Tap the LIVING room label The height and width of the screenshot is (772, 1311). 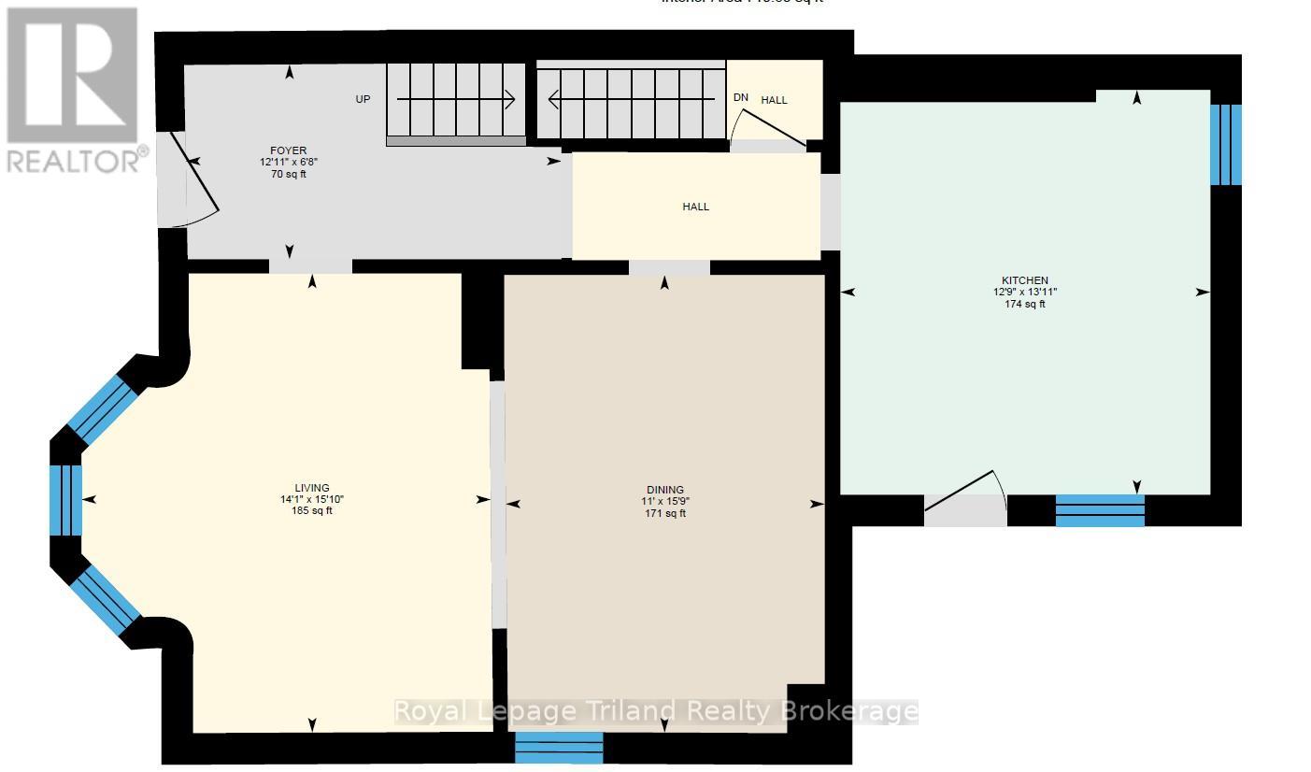312,488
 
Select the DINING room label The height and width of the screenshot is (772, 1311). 664,490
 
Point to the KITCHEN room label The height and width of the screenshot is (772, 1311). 1024,280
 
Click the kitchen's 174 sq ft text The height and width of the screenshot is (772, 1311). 1024,304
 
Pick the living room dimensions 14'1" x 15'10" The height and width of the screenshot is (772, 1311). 312,499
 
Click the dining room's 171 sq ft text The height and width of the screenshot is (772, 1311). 664,513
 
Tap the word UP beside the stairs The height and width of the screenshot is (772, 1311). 363,99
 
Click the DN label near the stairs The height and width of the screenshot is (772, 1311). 740,97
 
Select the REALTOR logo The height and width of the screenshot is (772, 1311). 73,90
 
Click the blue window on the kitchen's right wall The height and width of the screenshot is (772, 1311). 1226,145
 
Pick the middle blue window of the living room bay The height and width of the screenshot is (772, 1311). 65,500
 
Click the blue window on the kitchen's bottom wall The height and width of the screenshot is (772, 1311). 1100,510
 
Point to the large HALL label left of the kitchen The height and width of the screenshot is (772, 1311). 695,207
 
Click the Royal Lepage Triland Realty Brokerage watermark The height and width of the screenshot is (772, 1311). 654,711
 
